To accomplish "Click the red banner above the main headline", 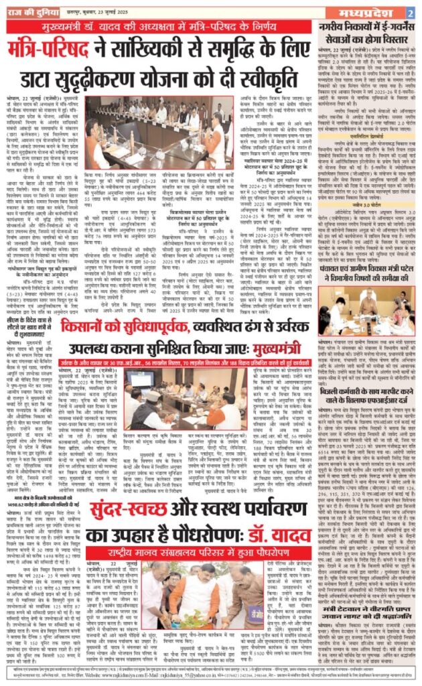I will click(x=159, y=27).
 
